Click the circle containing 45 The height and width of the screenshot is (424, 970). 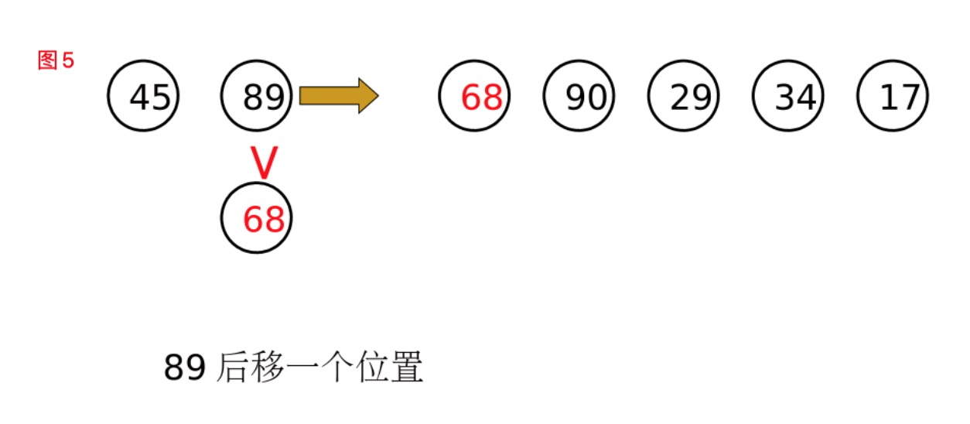pyautogui.click(x=143, y=96)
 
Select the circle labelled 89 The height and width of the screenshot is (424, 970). pyautogui.click(x=257, y=96)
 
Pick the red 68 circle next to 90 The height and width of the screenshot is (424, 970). pyautogui.click(x=474, y=96)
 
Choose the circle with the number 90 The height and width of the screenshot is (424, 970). pyautogui.click(x=579, y=96)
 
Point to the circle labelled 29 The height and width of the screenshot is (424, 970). pyautogui.click(x=684, y=96)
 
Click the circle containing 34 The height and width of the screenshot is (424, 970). pyautogui.click(x=788, y=96)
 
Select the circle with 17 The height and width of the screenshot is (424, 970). pyautogui.click(x=893, y=96)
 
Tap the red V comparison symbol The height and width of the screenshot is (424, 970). pyautogui.click(x=264, y=162)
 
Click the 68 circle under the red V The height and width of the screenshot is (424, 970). pyautogui.click(x=257, y=219)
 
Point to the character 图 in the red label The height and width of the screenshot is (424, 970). pyautogui.click(x=48, y=61)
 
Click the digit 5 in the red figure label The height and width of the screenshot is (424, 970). pyautogui.click(x=68, y=61)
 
